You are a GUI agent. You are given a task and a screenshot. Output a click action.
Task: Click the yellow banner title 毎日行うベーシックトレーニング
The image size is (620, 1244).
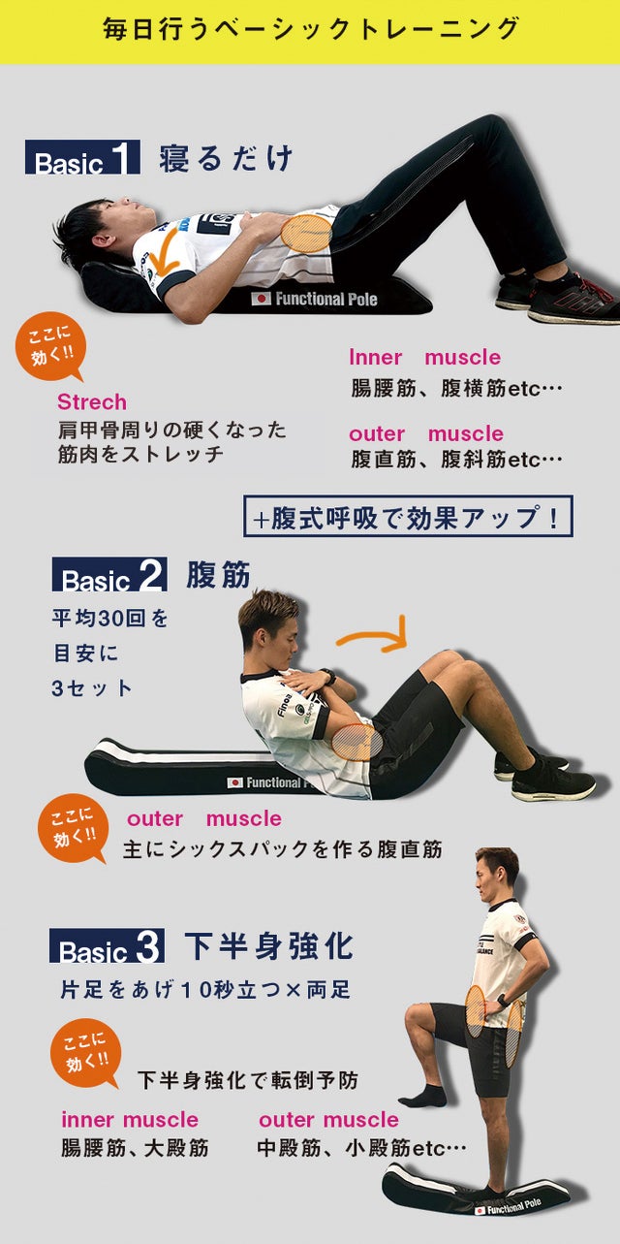click(x=310, y=29)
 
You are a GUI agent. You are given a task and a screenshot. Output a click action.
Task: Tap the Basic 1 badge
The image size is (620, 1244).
click(x=82, y=157)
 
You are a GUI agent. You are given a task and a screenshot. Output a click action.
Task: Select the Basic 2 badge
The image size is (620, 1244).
click(x=109, y=574)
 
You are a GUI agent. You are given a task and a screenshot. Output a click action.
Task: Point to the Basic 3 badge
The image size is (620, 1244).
click(x=107, y=945)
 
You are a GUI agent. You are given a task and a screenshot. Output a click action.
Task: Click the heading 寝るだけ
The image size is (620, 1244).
click(x=226, y=158)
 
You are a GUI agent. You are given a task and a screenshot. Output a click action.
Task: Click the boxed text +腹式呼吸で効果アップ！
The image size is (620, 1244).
click(x=408, y=517)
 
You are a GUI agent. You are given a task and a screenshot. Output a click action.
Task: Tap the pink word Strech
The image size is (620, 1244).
click(x=92, y=402)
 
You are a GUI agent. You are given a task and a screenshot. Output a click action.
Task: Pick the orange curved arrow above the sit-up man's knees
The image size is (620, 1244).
click(x=373, y=635)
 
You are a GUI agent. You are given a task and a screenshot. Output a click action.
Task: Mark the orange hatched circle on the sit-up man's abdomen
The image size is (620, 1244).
click(x=357, y=743)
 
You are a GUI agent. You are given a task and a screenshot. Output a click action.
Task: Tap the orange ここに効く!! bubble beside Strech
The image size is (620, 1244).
click(x=51, y=346)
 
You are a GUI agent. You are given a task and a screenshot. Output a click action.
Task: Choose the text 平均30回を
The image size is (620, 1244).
click(x=109, y=618)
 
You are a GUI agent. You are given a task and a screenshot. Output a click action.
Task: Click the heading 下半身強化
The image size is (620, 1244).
click(x=268, y=946)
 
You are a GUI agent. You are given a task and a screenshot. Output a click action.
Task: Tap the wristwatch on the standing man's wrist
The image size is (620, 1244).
click(x=503, y=1001)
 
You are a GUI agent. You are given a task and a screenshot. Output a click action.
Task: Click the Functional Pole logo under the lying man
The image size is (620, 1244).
click(x=315, y=299)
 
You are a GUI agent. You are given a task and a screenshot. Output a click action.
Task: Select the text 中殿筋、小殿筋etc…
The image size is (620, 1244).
click(x=361, y=1148)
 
